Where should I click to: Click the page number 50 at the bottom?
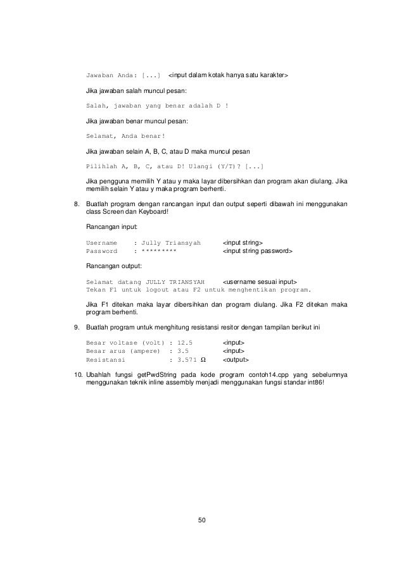coord(202,520)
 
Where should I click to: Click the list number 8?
coord(77,204)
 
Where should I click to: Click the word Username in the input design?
coord(101,243)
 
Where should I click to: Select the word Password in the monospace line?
coord(101,251)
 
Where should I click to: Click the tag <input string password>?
coord(257,251)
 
